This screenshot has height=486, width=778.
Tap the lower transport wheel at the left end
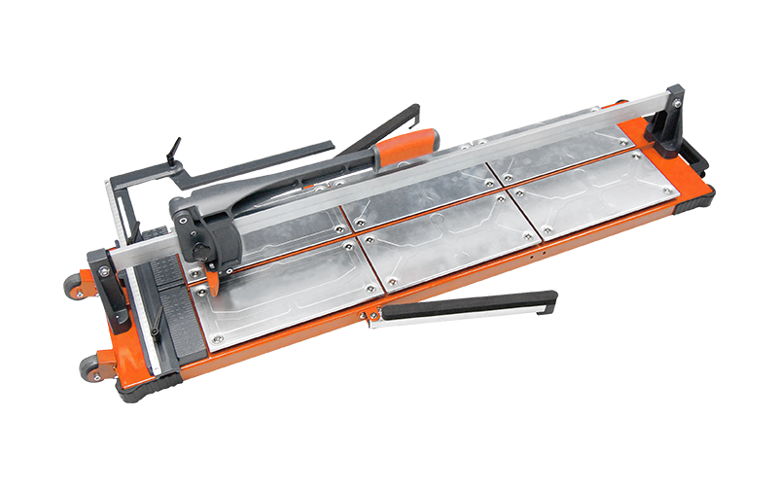[88, 367]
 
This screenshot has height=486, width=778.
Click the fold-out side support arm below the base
[467, 308]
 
